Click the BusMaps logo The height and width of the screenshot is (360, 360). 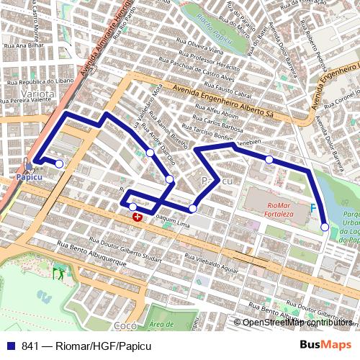tap(325, 346)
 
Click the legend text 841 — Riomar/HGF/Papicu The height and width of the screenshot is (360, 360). tap(81, 346)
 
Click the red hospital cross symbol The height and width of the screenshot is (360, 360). tap(138, 215)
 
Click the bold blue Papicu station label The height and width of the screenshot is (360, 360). tap(30, 176)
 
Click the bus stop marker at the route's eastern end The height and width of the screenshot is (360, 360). tap(325, 227)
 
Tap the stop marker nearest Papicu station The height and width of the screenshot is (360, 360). tap(59, 164)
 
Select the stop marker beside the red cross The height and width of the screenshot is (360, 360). tap(132, 207)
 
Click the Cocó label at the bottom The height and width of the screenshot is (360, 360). tap(125, 325)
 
